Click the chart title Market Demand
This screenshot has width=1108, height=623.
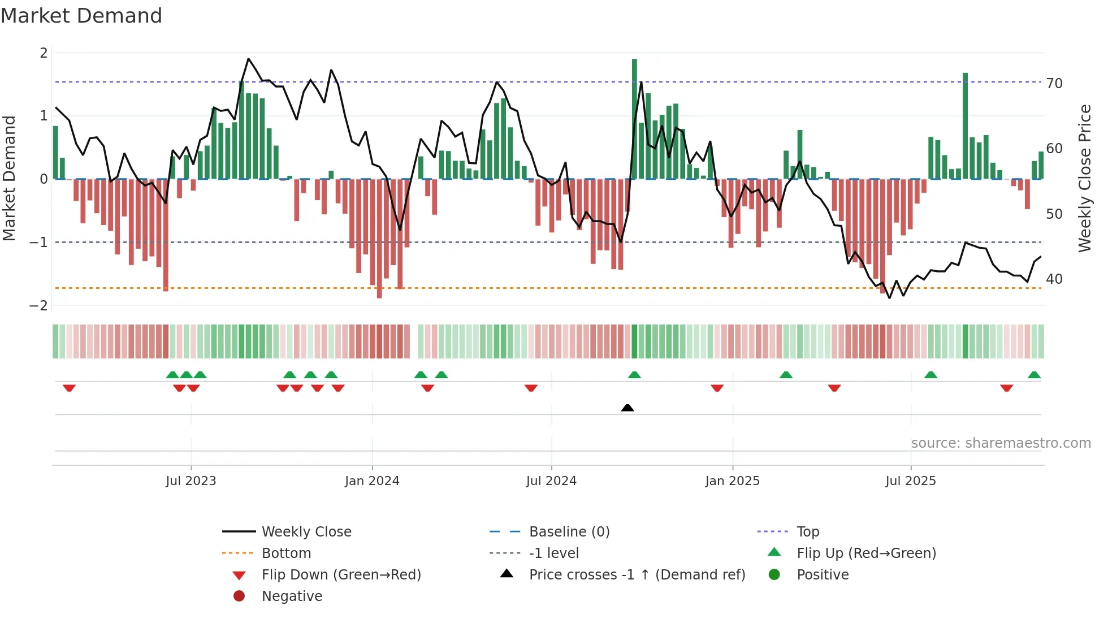coord(81,16)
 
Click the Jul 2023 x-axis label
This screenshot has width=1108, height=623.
coord(191,481)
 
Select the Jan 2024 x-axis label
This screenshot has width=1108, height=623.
coord(372,481)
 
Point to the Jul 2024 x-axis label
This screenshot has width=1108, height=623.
coord(551,481)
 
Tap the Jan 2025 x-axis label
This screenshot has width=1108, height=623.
coord(732,481)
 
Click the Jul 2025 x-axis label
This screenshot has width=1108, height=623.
coord(911,481)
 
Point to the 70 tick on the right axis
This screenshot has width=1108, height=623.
coord(1054,84)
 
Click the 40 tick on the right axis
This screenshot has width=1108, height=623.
coord(1054,279)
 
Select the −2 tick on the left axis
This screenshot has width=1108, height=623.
coord(38,306)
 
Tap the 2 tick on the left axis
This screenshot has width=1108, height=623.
coord(44,53)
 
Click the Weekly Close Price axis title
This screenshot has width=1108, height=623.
coord(1084,178)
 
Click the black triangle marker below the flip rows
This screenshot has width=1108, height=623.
coord(627,408)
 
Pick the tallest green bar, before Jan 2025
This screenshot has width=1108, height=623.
coord(634,119)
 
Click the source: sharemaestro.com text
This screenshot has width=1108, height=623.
coord(1001,443)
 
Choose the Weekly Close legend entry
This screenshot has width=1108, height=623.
coord(306,532)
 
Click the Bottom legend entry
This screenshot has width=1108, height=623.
coord(286,553)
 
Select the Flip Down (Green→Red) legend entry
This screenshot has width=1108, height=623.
coord(341,575)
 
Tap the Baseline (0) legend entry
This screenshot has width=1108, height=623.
coord(569,532)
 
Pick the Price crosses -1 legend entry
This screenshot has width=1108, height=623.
coord(637,575)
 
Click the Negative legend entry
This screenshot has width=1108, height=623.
coord(292,596)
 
